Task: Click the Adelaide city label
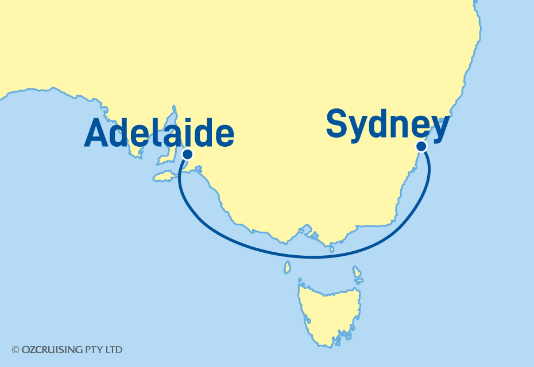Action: point(158,134)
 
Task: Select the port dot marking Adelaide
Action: point(187,154)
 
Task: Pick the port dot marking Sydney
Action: point(421,146)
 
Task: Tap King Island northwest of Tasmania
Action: point(287,267)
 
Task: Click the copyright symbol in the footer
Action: point(16,349)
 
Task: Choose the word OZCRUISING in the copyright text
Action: point(49,349)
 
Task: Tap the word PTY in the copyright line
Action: point(91,349)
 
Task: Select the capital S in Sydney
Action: point(338,124)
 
